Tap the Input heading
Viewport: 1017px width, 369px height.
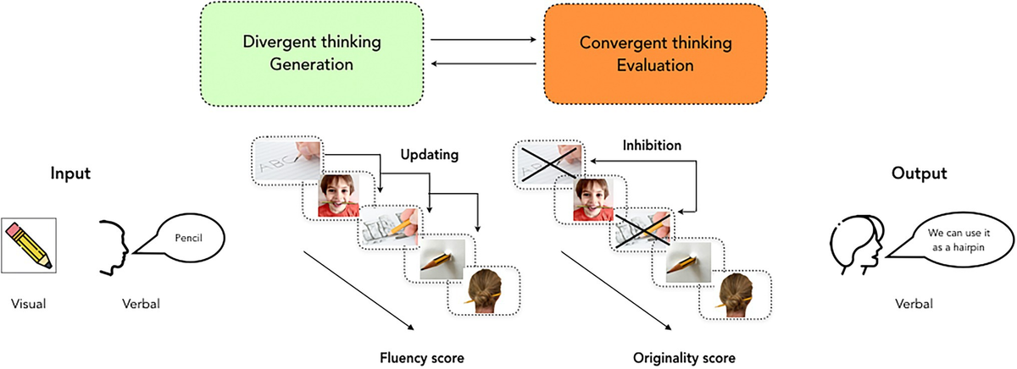pyautogui.click(x=70, y=173)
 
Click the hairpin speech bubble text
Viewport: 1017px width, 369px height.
pyautogui.click(x=927, y=244)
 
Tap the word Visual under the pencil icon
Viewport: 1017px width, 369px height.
pyautogui.click(x=30, y=302)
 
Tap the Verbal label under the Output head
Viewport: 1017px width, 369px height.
pyautogui.click(x=913, y=302)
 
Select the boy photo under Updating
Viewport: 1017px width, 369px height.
pyautogui.click(x=337, y=197)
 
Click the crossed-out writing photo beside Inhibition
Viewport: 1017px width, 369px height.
pyautogui.click(x=547, y=164)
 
